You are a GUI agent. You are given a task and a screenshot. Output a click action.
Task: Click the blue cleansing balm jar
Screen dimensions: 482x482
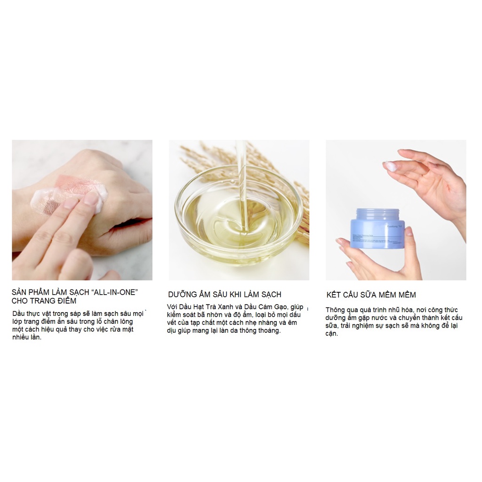coord(377,230)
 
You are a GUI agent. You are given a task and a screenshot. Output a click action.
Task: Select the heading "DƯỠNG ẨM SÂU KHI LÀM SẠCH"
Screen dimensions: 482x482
coord(225,295)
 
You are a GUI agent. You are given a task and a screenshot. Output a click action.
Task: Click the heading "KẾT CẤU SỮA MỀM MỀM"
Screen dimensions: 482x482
coord(371,295)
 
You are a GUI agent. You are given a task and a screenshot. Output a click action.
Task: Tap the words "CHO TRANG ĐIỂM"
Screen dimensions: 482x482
coord(44,301)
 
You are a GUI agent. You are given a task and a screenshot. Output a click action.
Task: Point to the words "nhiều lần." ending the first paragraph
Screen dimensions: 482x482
coord(27,337)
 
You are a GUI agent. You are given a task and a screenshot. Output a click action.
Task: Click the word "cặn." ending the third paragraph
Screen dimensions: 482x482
coord(331,334)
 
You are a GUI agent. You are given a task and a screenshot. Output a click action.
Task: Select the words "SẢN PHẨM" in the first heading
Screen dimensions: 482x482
coord(31,292)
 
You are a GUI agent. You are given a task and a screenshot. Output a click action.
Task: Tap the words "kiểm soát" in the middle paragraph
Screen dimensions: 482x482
coord(183,315)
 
